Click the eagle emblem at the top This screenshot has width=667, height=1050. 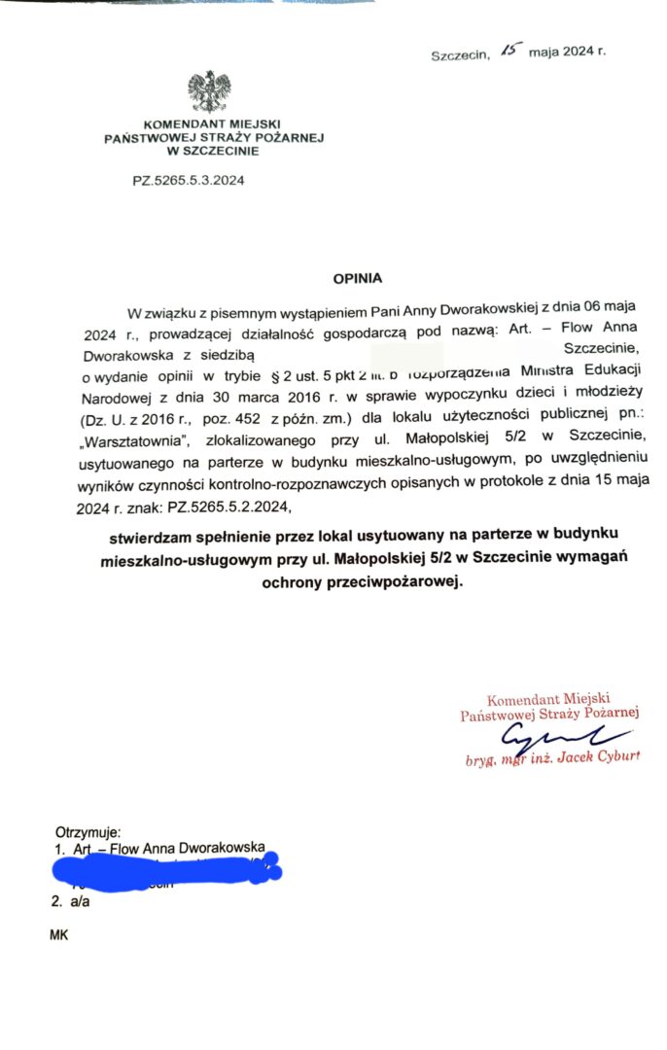pos(208,91)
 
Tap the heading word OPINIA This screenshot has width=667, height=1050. pos(358,278)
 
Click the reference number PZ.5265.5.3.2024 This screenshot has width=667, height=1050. pos(189,180)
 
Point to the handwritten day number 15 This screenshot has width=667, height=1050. pos(509,50)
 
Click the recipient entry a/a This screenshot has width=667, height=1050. pos(79,901)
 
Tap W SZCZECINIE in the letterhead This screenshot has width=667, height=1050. pos(212,152)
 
